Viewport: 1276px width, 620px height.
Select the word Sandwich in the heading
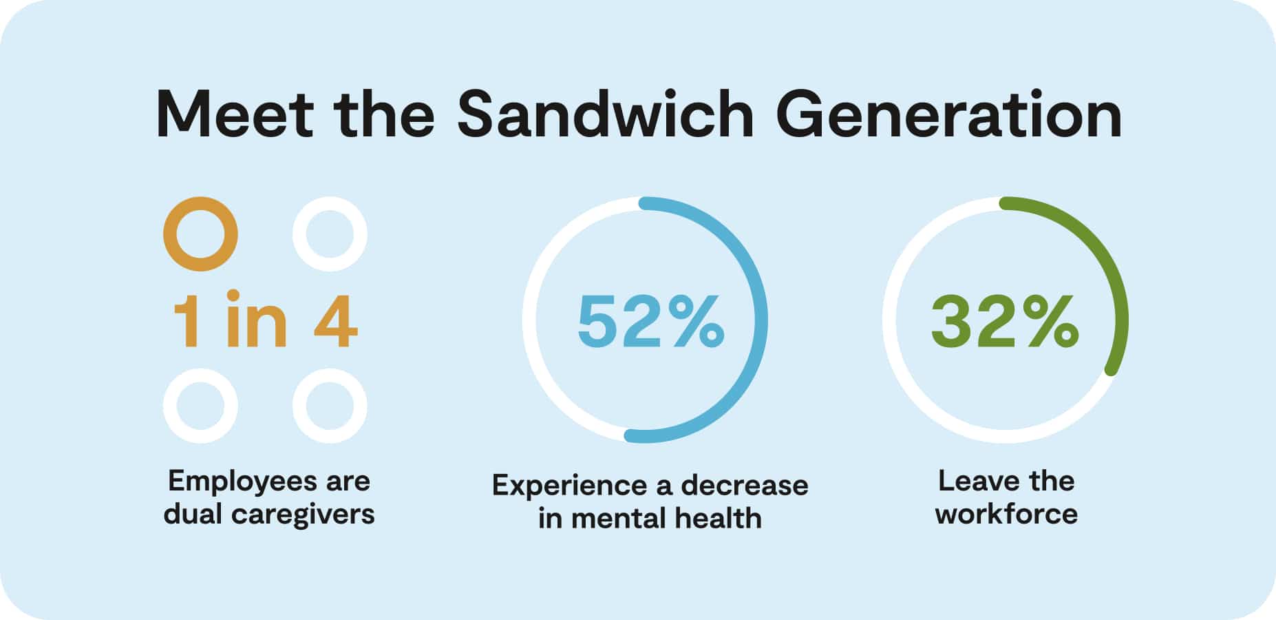606,114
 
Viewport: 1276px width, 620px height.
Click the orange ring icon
200,234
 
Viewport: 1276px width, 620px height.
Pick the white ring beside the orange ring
330,234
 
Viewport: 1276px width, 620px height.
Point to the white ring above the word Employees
200,406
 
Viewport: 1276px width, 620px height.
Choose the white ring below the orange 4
330,406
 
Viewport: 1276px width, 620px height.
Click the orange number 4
336,321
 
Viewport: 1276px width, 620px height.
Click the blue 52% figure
650,321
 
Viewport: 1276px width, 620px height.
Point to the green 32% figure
1005,321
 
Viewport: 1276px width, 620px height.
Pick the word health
717,519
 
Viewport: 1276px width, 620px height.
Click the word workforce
1006,515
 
